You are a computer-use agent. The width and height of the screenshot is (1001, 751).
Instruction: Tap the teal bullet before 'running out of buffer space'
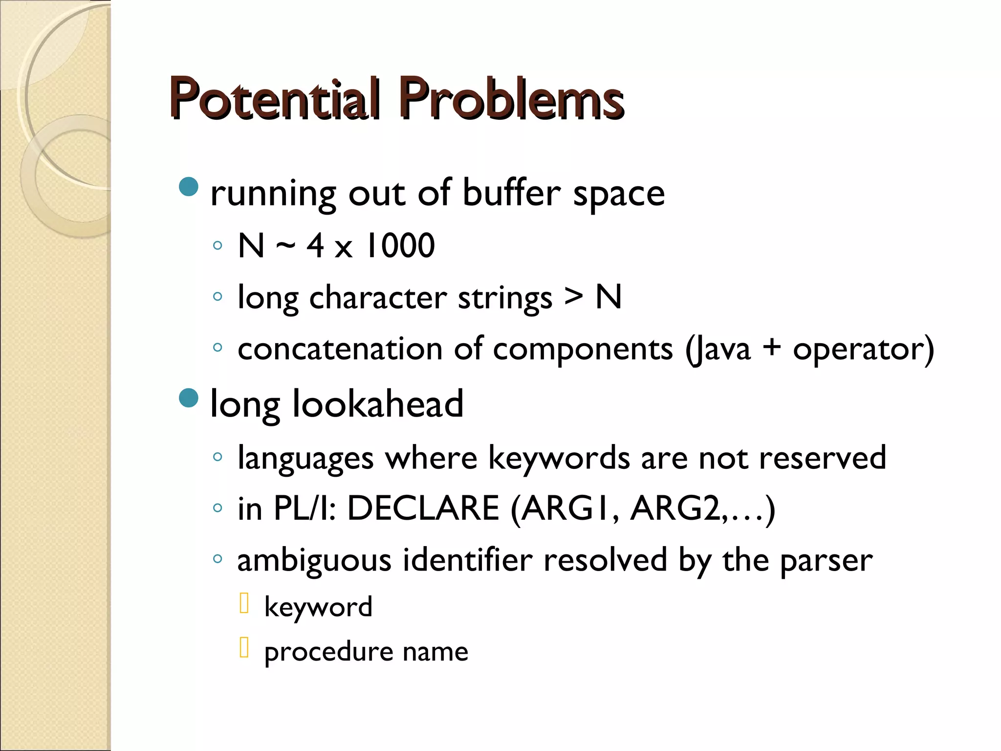pyautogui.click(x=189, y=186)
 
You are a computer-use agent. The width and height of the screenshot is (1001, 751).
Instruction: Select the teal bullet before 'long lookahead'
pyautogui.click(x=189, y=398)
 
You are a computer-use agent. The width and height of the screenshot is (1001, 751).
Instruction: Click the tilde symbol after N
pyautogui.click(x=285, y=245)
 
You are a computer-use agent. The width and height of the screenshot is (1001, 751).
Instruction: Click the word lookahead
pyautogui.click(x=377, y=404)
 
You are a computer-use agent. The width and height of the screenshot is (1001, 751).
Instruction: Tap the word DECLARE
pyautogui.click(x=423, y=508)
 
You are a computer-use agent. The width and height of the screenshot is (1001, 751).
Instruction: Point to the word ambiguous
pyautogui.click(x=314, y=560)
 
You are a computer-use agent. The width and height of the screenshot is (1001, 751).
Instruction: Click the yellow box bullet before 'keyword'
pyautogui.click(x=244, y=603)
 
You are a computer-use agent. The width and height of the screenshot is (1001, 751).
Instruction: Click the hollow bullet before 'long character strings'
pyautogui.click(x=218, y=296)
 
